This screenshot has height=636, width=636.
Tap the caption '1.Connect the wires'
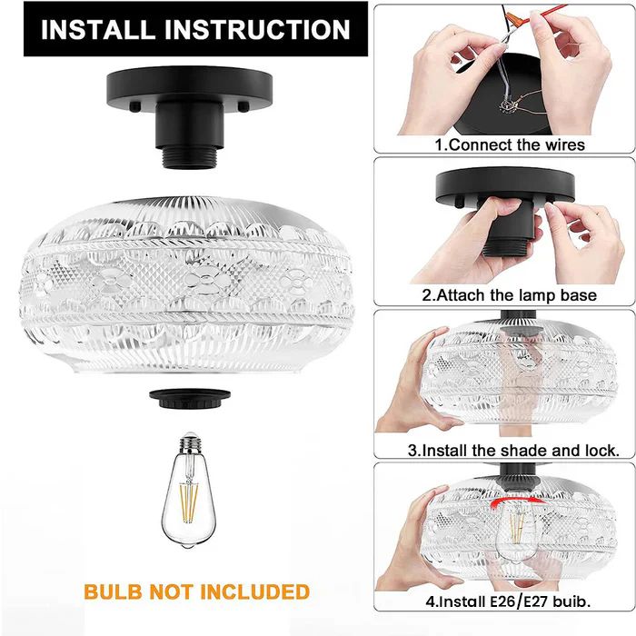pyautogui.click(x=509, y=144)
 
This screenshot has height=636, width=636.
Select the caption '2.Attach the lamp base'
pyautogui.click(x=509, y=294)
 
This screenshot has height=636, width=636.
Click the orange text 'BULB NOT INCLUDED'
pyautogui.click(x=196, y=592)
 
